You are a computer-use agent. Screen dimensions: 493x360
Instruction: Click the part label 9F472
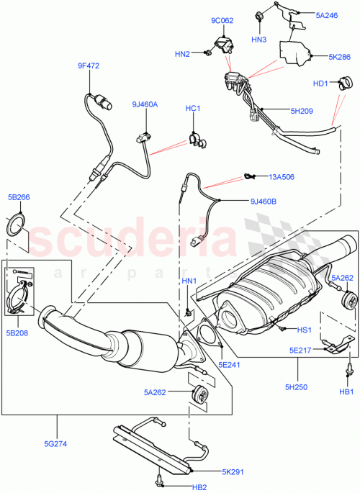pos(89,66)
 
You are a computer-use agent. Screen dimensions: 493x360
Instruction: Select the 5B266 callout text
pos(19,197)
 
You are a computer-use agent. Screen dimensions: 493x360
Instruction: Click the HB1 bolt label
pos(346,392)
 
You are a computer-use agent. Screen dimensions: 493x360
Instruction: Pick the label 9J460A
pos(144,104)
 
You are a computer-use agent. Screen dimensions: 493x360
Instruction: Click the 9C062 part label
pos(222,21)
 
